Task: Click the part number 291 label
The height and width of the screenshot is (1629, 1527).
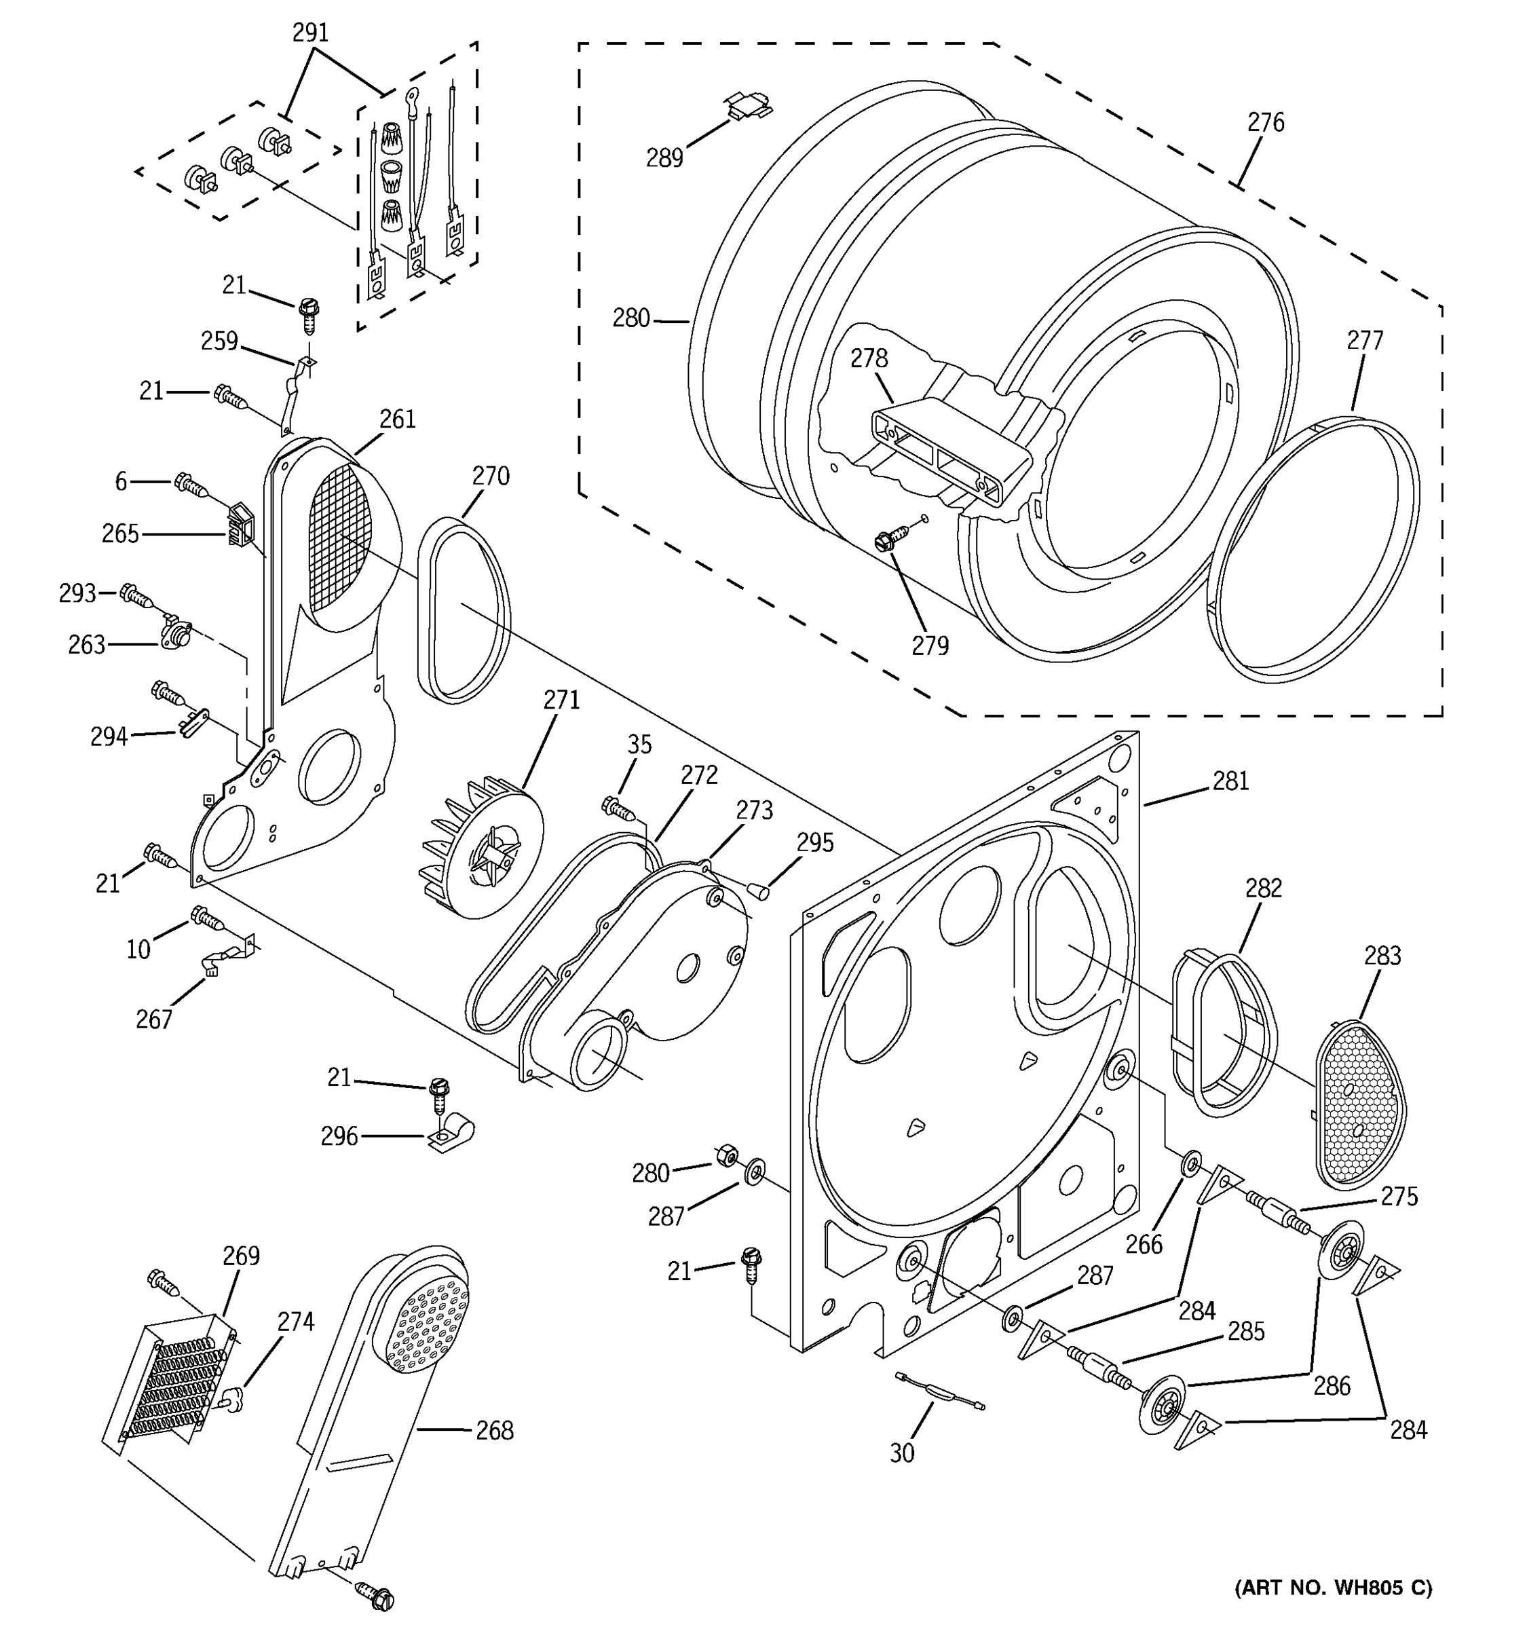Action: (310, 33)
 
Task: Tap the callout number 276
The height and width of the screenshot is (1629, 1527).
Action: (1266, 123)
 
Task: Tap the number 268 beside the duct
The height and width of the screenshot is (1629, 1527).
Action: (495, 1431)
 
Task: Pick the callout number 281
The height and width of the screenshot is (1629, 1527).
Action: (1230, 782)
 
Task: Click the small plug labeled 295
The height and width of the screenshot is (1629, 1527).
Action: (759, 889)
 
